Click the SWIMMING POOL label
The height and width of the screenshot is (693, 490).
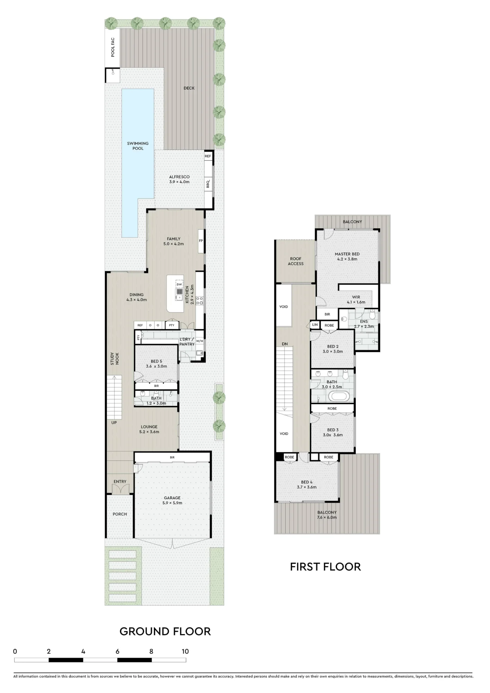coord(138,146)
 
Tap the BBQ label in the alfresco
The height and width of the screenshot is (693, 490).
coord(208,184)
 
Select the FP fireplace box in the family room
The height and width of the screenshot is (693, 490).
coord(201,241)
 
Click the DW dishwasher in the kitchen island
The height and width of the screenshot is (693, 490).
coord(179,284)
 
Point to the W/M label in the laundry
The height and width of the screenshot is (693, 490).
coord(200,341)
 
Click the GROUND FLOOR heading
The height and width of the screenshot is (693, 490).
coord(165,631)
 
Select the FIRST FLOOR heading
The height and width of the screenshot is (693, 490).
coord(325,567)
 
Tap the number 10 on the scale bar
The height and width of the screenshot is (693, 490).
coord(185,651)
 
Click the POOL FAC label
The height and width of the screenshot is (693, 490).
coord(113,47)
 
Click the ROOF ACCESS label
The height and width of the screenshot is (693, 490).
coord(296,261)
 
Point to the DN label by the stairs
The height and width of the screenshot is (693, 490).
coord(285,344)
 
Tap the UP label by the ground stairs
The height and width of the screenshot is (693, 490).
coord(114,423)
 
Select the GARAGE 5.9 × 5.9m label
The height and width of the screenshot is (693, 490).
coord(172,500)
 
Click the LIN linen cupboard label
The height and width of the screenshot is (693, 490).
coord(315,325)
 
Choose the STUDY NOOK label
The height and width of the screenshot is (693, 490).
coord(114,359)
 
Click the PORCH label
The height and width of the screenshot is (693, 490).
coord(120,514)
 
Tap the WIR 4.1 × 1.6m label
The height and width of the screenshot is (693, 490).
coord(356,299)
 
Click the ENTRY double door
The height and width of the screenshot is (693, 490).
coord(120,489)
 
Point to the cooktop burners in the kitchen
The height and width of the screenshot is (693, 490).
coord(200,300)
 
